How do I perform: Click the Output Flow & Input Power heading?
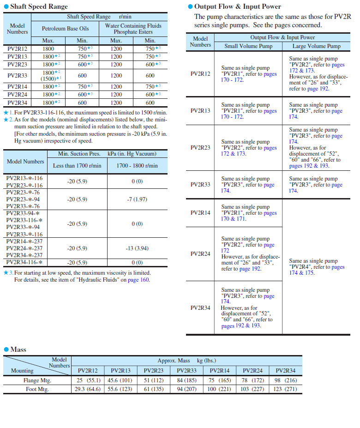pos(237,6)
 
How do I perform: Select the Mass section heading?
pos(18,350)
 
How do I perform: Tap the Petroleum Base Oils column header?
pos(65,29)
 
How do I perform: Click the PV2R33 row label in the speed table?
pos(18,75)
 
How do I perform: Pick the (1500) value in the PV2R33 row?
pos(48,78)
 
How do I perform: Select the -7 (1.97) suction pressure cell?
pos(137,199)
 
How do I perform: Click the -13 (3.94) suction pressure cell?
pos(137,248)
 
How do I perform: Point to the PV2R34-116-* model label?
pos(24,262)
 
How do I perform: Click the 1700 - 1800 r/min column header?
pos(137,166)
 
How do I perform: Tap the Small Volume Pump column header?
pos(248,46)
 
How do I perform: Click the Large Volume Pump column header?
pos(316,46)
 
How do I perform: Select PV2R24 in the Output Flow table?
pos(200,254)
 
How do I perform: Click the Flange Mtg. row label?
pos(37,381)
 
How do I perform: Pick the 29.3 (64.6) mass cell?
pos(88,389)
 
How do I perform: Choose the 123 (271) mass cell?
pos(285,389)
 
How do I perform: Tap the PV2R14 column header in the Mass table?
pos(220,370)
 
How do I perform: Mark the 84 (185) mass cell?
pos(186,381)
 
